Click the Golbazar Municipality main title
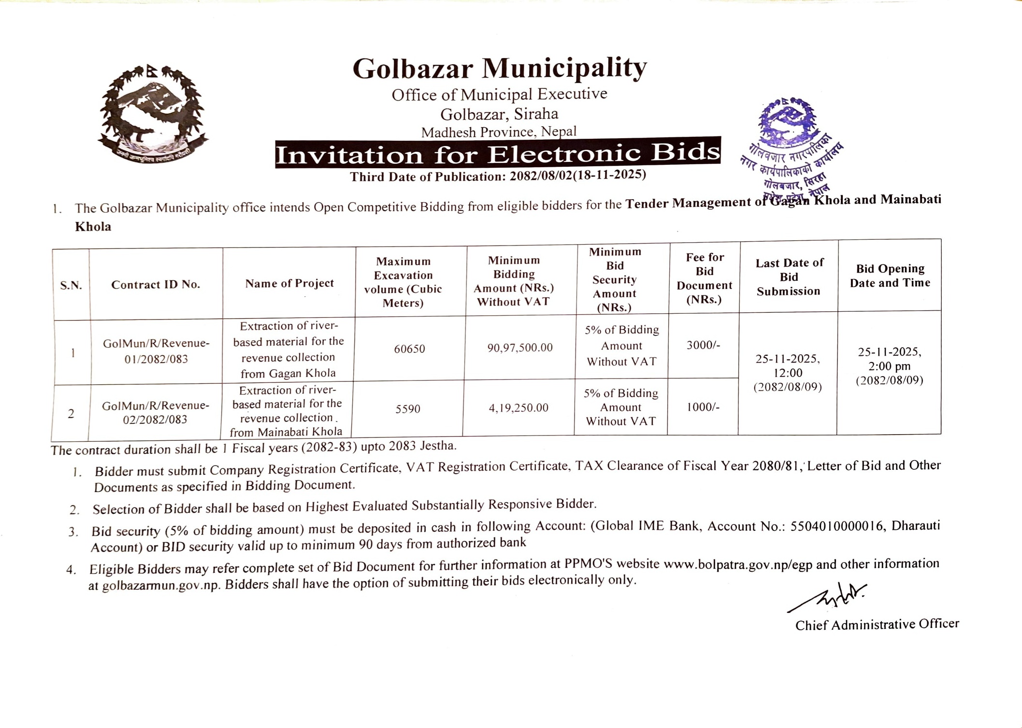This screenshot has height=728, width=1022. click(x=499, y=68)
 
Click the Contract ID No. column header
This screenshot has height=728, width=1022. click(x=156, y=284)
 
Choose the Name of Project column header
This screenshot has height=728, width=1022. click(x=289, y=283)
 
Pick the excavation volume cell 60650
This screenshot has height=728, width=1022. click(x=409, y=349)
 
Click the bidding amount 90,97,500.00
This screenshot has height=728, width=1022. click(x=520, y=348)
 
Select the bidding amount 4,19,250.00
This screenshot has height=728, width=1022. click(x=518, y=408)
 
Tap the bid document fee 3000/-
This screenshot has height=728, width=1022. click(x=703, y=345)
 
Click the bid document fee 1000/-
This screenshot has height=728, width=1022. click(x=703, y=407)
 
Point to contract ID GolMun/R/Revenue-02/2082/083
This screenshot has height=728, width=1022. click(x=156, y=412)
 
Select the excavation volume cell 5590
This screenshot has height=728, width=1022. click(x=408, y=409)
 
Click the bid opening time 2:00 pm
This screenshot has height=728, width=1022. click(x=889, y=366)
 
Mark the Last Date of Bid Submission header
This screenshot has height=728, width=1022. click(x=789, y=277)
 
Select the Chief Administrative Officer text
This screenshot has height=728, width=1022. click(x=877, y=625)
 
